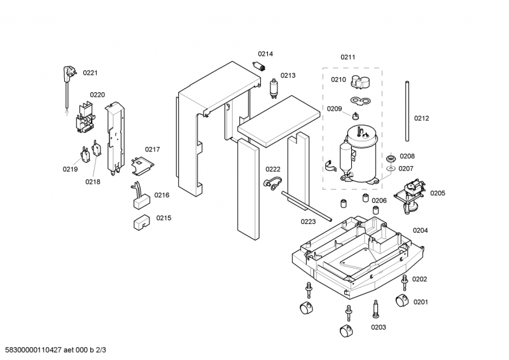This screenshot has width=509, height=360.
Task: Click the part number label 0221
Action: tap(90, 73)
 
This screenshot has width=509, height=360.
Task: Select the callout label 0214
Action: tap(265, 54)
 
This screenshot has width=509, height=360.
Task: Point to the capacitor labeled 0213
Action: tap(274, 87)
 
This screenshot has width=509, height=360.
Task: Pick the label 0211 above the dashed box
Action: tap(348, 58)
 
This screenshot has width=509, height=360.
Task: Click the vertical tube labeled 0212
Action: tap(405, 111)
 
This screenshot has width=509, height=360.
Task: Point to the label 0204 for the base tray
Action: tap(420, 230)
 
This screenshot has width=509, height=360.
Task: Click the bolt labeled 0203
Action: tap(376, 311)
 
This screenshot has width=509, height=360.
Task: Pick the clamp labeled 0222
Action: tap(270, 184)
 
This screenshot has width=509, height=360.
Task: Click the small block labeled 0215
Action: tap(141, 222)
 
